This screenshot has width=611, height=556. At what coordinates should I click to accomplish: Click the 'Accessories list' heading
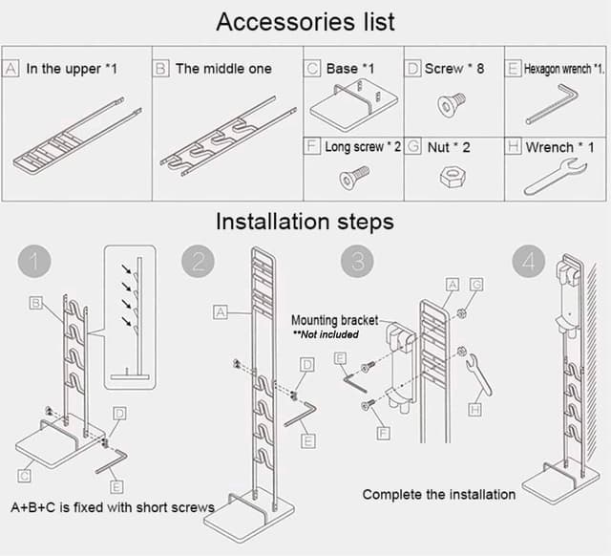[x=305, y=21]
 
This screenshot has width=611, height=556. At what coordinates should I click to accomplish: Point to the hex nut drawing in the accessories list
[x=451, y=177]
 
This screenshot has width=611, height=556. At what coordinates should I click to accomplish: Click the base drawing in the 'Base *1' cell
[x=351, y=107]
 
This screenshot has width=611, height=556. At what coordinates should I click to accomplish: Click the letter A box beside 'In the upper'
[x=11, y=69]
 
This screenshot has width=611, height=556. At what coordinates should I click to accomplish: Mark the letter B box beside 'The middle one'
[x=160, y=69]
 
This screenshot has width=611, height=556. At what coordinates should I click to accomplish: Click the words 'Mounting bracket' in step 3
[x=334, y=321]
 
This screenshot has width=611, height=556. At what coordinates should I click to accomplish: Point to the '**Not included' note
[x=326, y=334]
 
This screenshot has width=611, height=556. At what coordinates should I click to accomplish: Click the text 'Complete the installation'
[x=438, y=494]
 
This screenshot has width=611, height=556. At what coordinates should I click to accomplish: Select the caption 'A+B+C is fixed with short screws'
[x=112, y=506]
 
